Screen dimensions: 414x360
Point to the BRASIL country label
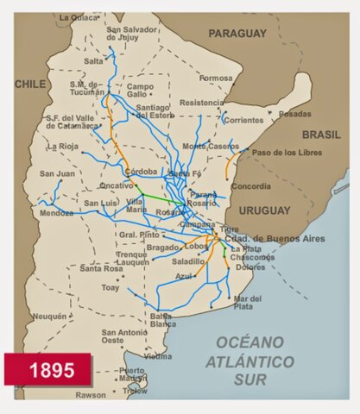(321, 135)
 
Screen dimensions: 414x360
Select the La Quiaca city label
(79, 16)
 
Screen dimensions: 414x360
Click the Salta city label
(93, 61)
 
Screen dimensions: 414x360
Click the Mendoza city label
(56, 213)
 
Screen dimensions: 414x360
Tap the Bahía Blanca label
(163, 320)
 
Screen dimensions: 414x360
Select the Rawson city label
(90, 395)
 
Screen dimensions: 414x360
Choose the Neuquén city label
(48, 317)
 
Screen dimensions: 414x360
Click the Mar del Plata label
(246, 302)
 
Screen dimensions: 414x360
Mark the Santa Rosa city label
(103, 268)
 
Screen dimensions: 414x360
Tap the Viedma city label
(158, 355)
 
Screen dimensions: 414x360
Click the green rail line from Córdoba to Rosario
(160, 197)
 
